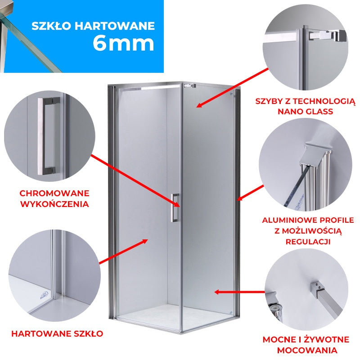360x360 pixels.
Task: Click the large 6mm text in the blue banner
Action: tap(123, 44)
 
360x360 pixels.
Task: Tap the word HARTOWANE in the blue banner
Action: tap(115, 26)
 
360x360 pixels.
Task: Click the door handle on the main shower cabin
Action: tap(175, 208)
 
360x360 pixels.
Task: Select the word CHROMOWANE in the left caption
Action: tap(54, 193)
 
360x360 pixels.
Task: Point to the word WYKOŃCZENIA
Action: tap(54, 204)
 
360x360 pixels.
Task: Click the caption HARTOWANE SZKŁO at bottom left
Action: tap(57, 333)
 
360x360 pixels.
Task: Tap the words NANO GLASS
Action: tap(306, 112)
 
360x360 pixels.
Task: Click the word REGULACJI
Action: tap(308, 242)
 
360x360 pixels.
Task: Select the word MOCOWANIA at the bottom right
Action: tap(307, 351)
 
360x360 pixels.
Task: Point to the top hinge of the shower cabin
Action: tap(189, 86)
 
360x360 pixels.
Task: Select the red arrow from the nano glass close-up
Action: tap(232, 88)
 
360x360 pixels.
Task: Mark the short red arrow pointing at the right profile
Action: tap(250, 193)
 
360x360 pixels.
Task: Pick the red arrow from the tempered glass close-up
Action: tap(123, 252)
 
